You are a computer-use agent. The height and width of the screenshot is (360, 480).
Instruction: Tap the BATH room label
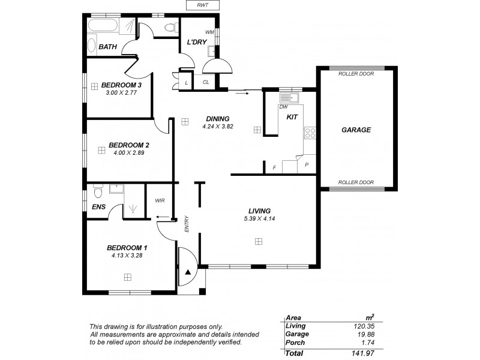(108, 47)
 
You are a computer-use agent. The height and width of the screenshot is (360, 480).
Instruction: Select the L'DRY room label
(197, 43)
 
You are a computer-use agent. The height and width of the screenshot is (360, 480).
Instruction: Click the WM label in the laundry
(210, 32)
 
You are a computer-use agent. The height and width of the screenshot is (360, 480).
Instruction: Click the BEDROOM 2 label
(128, 145)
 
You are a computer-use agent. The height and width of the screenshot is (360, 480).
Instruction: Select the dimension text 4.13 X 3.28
(127, 255)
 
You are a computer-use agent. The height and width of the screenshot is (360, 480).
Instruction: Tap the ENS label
(98, 208)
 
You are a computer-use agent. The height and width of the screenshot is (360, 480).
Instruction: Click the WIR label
(160, 200)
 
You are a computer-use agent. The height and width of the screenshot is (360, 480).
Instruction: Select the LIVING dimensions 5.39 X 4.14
(260, 219)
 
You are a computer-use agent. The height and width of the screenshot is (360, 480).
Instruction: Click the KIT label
(292, 118)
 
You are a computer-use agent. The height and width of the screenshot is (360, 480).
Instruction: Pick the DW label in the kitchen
(283, 107)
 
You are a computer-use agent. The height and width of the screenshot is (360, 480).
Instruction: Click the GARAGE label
(356, 130)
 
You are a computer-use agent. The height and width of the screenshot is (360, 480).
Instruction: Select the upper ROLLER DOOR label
(356, 74)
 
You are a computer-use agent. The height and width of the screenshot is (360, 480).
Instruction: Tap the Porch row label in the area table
(296, 343)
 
